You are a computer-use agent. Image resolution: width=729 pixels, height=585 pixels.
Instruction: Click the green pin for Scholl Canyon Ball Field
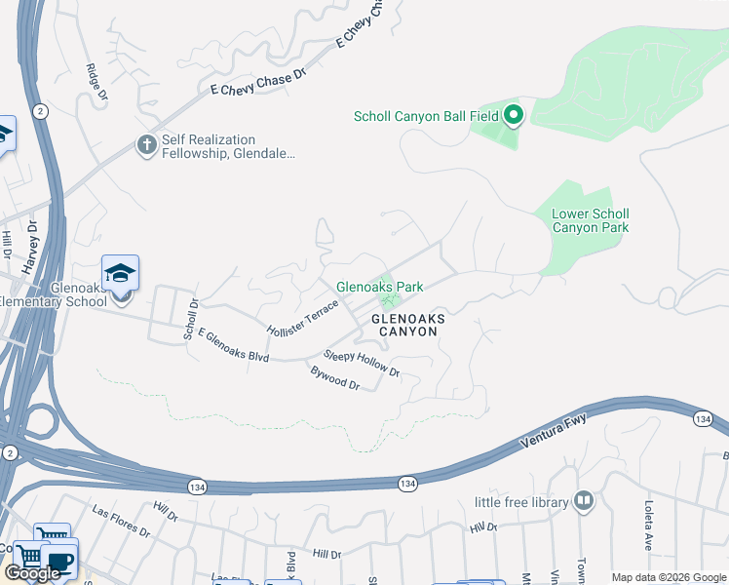click(x=514, y=117)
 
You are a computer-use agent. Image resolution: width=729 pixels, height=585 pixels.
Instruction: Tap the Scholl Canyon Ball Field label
click(x=426, y=117)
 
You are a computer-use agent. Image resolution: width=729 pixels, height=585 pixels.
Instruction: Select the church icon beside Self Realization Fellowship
click(x=147, y=145)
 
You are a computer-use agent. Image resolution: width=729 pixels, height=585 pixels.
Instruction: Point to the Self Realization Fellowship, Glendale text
click(x=222, y=147)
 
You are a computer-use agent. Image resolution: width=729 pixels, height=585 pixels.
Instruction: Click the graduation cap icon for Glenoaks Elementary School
click(x=120, y=273)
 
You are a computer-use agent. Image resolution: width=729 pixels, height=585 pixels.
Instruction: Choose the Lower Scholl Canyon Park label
click(x=591, y=220)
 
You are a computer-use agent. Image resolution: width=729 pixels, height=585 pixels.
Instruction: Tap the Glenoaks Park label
click(x=380, y=287)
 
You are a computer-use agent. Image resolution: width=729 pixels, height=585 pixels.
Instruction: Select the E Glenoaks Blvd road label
click(x=233, y=345)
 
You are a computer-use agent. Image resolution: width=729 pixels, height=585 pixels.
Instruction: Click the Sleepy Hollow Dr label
click(x=362, y=365)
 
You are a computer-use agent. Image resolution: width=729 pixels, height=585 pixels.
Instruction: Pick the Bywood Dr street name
click(x=335, y=378)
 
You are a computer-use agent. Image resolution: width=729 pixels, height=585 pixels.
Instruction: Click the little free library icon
click(x=584, y=501)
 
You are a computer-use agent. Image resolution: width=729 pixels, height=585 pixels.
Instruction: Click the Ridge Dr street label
click(x=96, y=84)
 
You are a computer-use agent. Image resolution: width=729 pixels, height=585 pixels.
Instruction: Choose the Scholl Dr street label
click(x=191, y=319)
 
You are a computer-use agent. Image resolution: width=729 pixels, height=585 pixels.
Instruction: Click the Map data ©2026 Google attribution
click(x=668, y=577)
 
